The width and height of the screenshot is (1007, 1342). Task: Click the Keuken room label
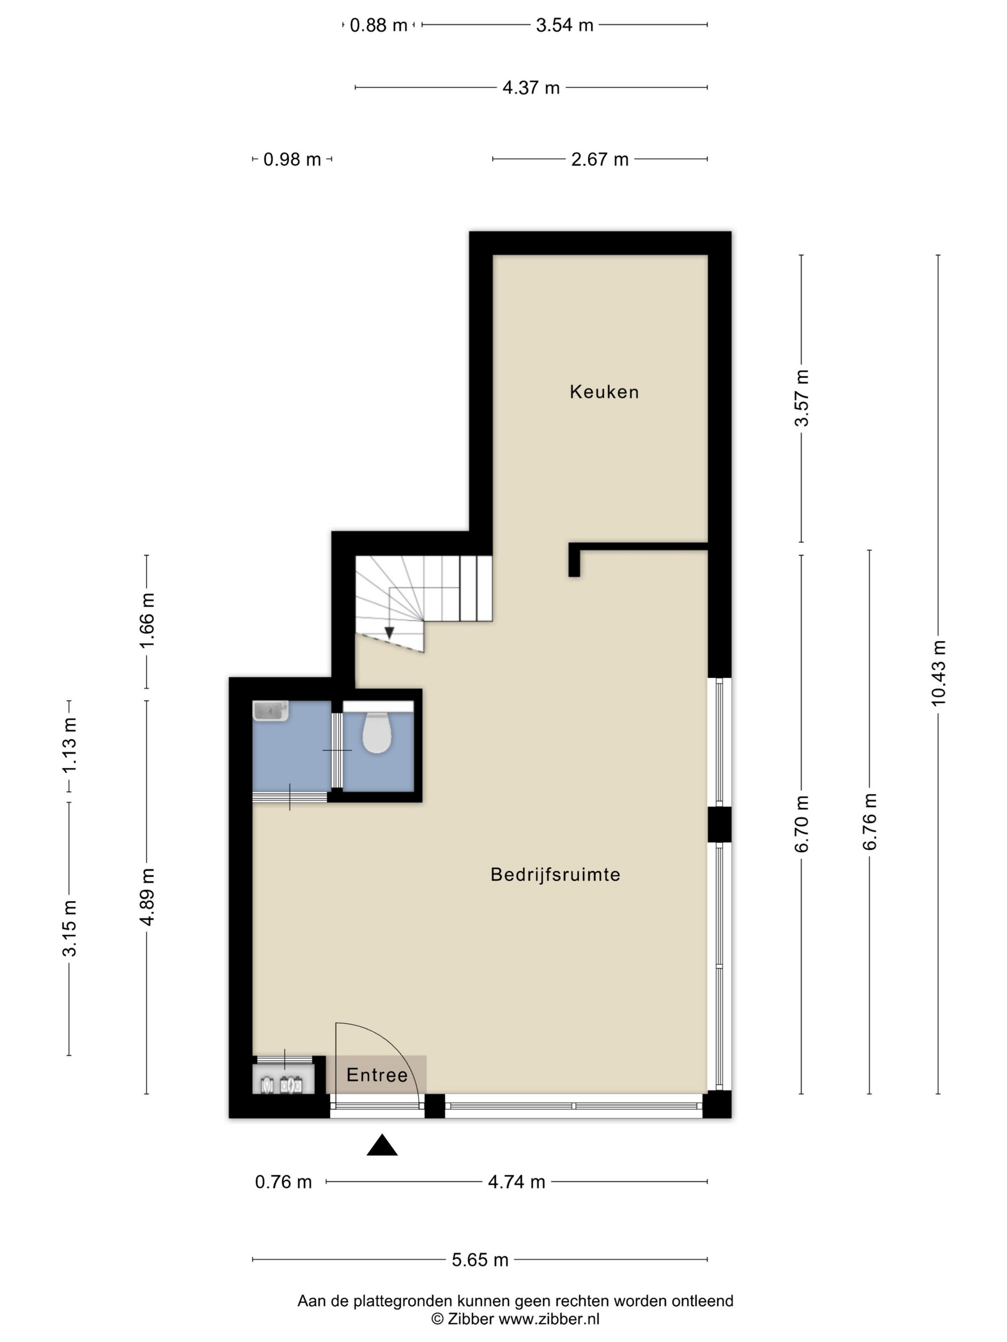(604, 392)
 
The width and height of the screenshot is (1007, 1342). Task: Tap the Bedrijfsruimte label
(555, 874)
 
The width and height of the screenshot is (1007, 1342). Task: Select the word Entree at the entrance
(377, 1075)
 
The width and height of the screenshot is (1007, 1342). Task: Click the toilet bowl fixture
(376, 732)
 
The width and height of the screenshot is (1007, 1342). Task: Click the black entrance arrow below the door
(382, 1145)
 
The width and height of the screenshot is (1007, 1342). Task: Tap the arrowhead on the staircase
(389, 632)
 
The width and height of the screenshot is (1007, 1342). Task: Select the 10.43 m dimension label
(938, 673)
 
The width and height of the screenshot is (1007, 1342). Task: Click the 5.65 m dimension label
(480, 1260)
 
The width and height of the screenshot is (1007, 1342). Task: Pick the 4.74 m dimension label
(516, 1182)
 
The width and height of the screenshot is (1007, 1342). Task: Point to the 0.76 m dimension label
(283, 1182)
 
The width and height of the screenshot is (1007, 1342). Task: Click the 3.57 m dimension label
(802, 398)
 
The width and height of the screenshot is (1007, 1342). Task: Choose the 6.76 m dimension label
(870, 821)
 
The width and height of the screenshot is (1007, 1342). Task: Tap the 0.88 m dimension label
(379, 25)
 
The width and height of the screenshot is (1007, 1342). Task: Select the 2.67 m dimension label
(600, 159)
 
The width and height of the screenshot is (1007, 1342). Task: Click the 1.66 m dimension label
(147, 620)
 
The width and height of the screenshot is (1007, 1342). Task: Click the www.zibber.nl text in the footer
(549, 1319)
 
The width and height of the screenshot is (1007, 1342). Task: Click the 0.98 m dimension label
(292, 159)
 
